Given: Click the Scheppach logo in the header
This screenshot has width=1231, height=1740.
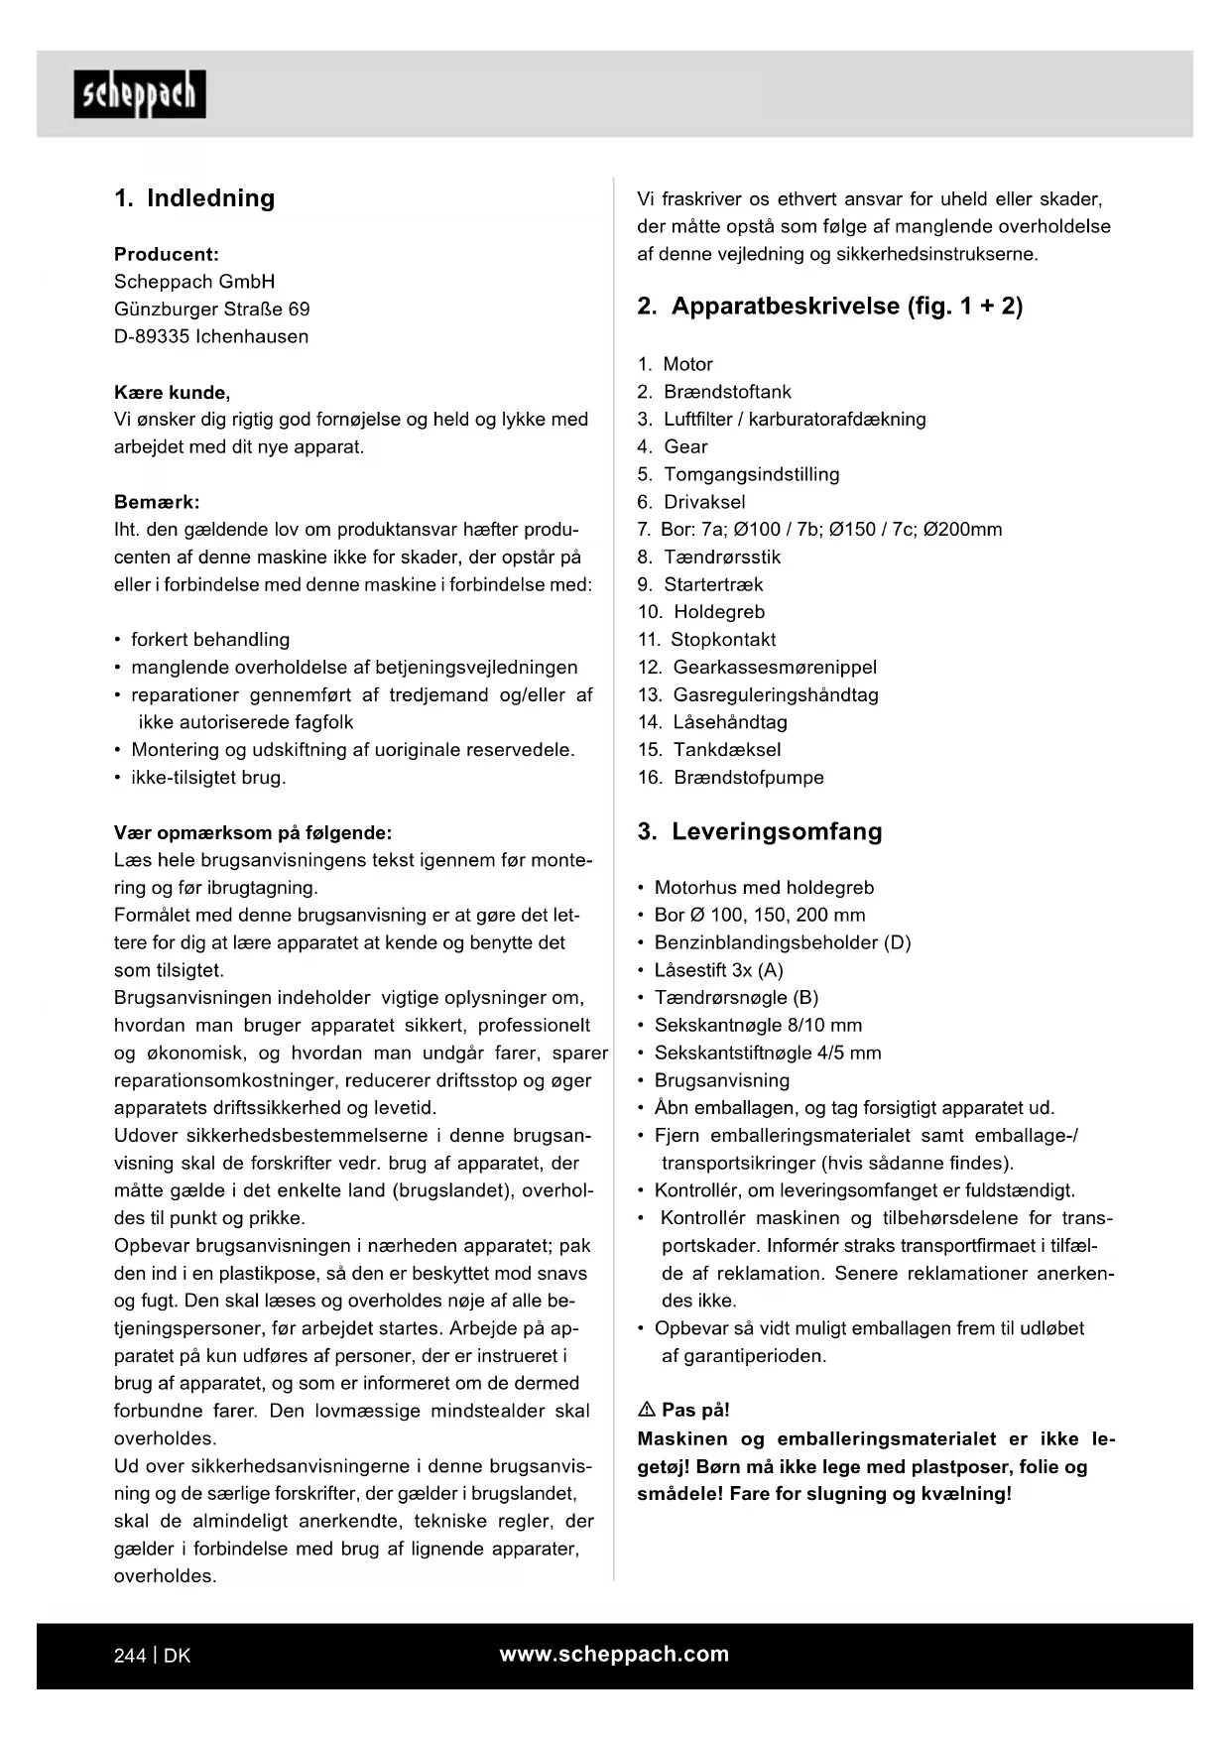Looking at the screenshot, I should [x=140, y=94].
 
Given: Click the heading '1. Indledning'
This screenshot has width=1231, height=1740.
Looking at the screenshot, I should [x=194, y=197].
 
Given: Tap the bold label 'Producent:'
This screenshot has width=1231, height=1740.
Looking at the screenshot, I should [x=167, y=254].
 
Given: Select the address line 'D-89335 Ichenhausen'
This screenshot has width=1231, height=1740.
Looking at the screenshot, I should [x=211, y=336].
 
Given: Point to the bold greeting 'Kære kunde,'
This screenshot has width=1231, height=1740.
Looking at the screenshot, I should [x=172, y=392].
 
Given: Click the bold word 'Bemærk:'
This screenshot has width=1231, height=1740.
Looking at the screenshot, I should [x=157, y=502].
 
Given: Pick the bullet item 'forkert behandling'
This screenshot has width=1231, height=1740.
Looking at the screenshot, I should [x=210, y=640].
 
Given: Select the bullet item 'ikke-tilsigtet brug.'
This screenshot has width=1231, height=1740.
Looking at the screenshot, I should [x=208, y=778].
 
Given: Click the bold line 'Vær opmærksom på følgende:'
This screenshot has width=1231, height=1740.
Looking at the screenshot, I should [x=253, y=832].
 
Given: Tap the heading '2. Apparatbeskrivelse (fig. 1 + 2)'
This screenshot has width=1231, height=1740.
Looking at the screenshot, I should [x=829, y=306].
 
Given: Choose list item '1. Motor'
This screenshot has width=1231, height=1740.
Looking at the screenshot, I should [x=676, y=364].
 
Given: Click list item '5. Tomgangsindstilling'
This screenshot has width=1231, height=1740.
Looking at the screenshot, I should [x=739, y=474].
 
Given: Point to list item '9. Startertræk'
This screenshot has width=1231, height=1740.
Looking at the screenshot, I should [x=700, y=584].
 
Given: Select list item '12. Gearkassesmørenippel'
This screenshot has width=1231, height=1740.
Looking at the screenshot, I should [x=758, y=668].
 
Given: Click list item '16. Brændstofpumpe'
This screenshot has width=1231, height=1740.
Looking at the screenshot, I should [x=731, y=778].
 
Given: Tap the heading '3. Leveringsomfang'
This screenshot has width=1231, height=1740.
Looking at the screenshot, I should [x=760, y=831].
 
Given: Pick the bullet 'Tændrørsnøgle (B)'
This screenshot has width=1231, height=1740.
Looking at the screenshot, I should [x=736, y=998].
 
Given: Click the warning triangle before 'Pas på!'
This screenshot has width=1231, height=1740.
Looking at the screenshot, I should [x=646, y=1410].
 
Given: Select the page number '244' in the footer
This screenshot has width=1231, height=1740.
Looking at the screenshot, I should [x=130, y=1656].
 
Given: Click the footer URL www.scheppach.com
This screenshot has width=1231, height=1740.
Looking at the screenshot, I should [x=614, y=1654].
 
